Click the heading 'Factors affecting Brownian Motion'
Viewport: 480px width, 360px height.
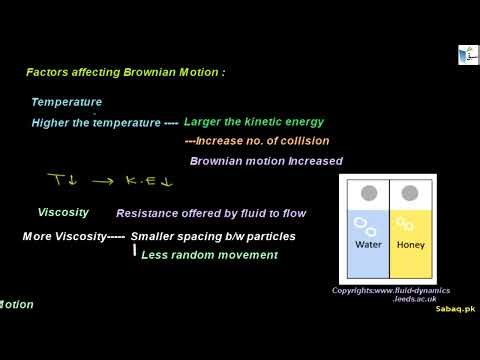pos(125,73)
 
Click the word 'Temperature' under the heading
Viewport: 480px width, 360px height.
pos(66,102)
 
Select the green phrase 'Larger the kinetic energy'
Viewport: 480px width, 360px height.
pos(254,122)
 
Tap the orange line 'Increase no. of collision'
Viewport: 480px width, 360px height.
pos(258,141)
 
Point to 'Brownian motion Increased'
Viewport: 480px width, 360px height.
pos(266,161)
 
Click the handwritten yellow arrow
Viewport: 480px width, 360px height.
pos(102,182)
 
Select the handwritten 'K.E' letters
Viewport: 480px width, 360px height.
pos(145,183)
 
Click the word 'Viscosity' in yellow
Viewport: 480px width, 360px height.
pos(63,212)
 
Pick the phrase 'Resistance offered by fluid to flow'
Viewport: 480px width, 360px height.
pos(211,213)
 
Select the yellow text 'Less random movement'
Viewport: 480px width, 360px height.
pos(209,255)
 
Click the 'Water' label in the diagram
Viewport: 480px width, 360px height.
pos(368,245)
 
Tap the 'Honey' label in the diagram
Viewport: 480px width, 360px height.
pos(410,245)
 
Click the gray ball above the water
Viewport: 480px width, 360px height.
pos(368,193)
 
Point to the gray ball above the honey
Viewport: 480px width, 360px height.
pos(409,193)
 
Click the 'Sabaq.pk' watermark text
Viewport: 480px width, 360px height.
pos(455,309)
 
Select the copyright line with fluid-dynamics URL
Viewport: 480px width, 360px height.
pos(391,290)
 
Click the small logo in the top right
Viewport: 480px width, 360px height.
pos(467,55)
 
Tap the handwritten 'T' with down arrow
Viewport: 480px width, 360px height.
pos(62,181)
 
